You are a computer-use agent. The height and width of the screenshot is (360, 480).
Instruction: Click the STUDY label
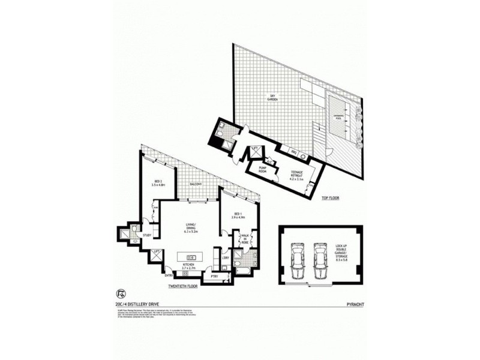point(146,227)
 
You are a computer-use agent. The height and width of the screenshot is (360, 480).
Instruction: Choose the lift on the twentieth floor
point(157,257)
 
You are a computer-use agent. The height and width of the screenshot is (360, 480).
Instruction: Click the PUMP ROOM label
point(262,170)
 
